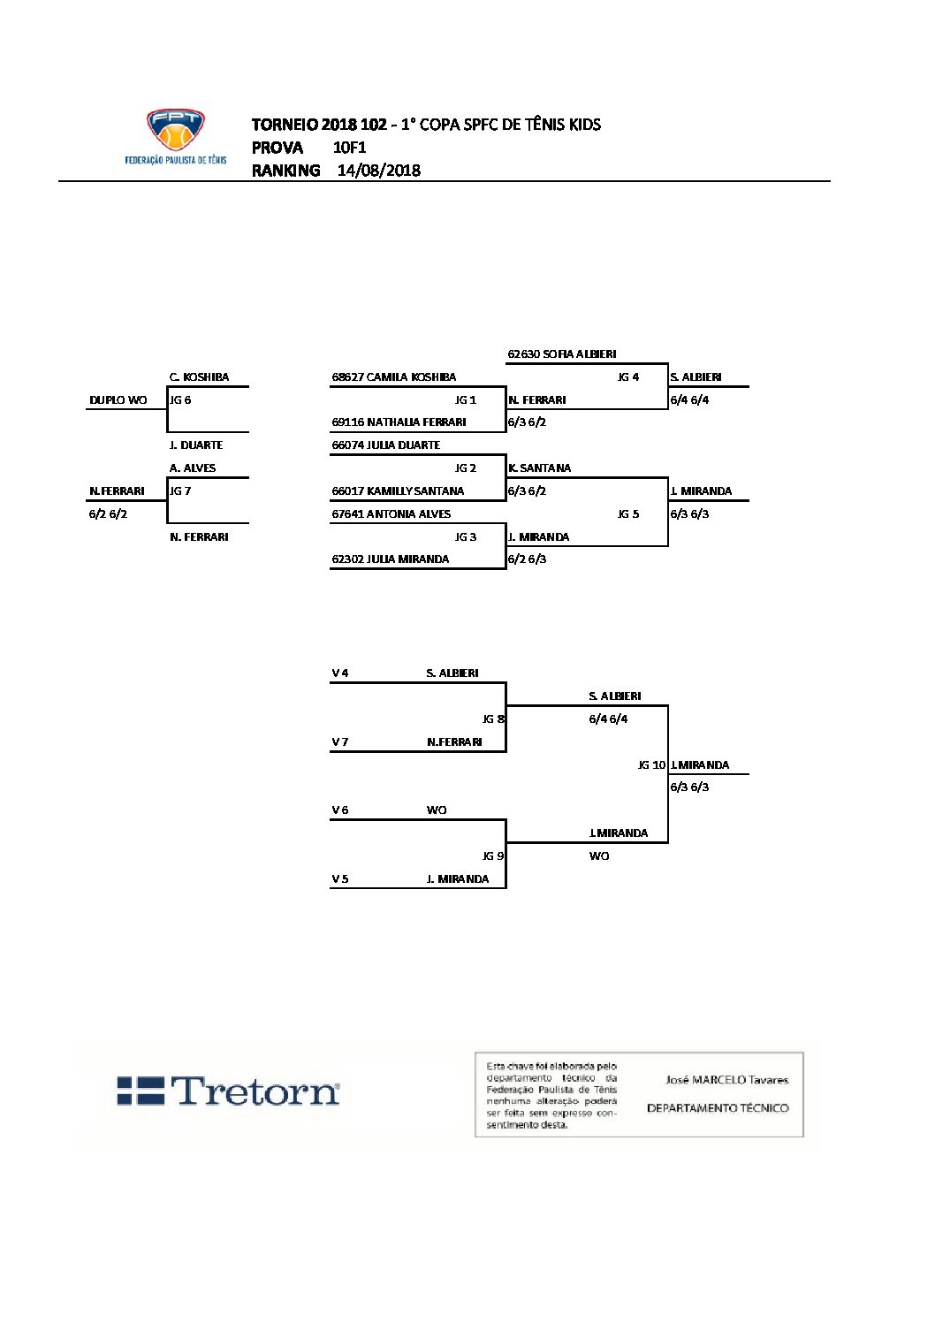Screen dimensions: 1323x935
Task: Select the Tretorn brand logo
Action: [x=228, y=1091]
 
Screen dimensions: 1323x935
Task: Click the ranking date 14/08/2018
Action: [x=378, y=171]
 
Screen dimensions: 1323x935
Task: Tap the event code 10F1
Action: [x=349, y=148]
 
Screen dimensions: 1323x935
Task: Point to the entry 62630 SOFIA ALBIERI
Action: [x=562, y=354]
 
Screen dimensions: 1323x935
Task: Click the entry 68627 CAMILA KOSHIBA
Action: [x=394, y=377]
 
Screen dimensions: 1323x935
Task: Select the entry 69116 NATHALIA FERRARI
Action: [x=399, y=422]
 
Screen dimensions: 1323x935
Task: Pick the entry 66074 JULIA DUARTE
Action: [x=386, y=445]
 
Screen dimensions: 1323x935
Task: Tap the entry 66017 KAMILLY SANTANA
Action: [x=398, y=491]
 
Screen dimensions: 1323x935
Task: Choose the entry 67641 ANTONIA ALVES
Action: [x=391, y=514]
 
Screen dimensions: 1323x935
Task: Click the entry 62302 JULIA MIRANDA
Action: [x=391, y=559]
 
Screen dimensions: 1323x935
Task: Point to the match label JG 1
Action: [x=466, y=400]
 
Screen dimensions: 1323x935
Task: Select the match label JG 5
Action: [x=628, y=514]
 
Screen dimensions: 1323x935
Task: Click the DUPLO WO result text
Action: [x=118, y=400]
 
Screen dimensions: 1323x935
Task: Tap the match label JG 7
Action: [x=180, y=491]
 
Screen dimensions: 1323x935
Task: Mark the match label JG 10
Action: [x=651, y=765]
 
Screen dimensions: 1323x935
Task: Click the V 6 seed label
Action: [x=340, y=810]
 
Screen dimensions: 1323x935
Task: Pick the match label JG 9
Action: [x=493, y=856]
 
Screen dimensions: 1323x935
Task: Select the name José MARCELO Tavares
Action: [x=726, y=1080]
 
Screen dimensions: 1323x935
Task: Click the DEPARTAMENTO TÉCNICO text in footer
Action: [x=718, y=1108]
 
